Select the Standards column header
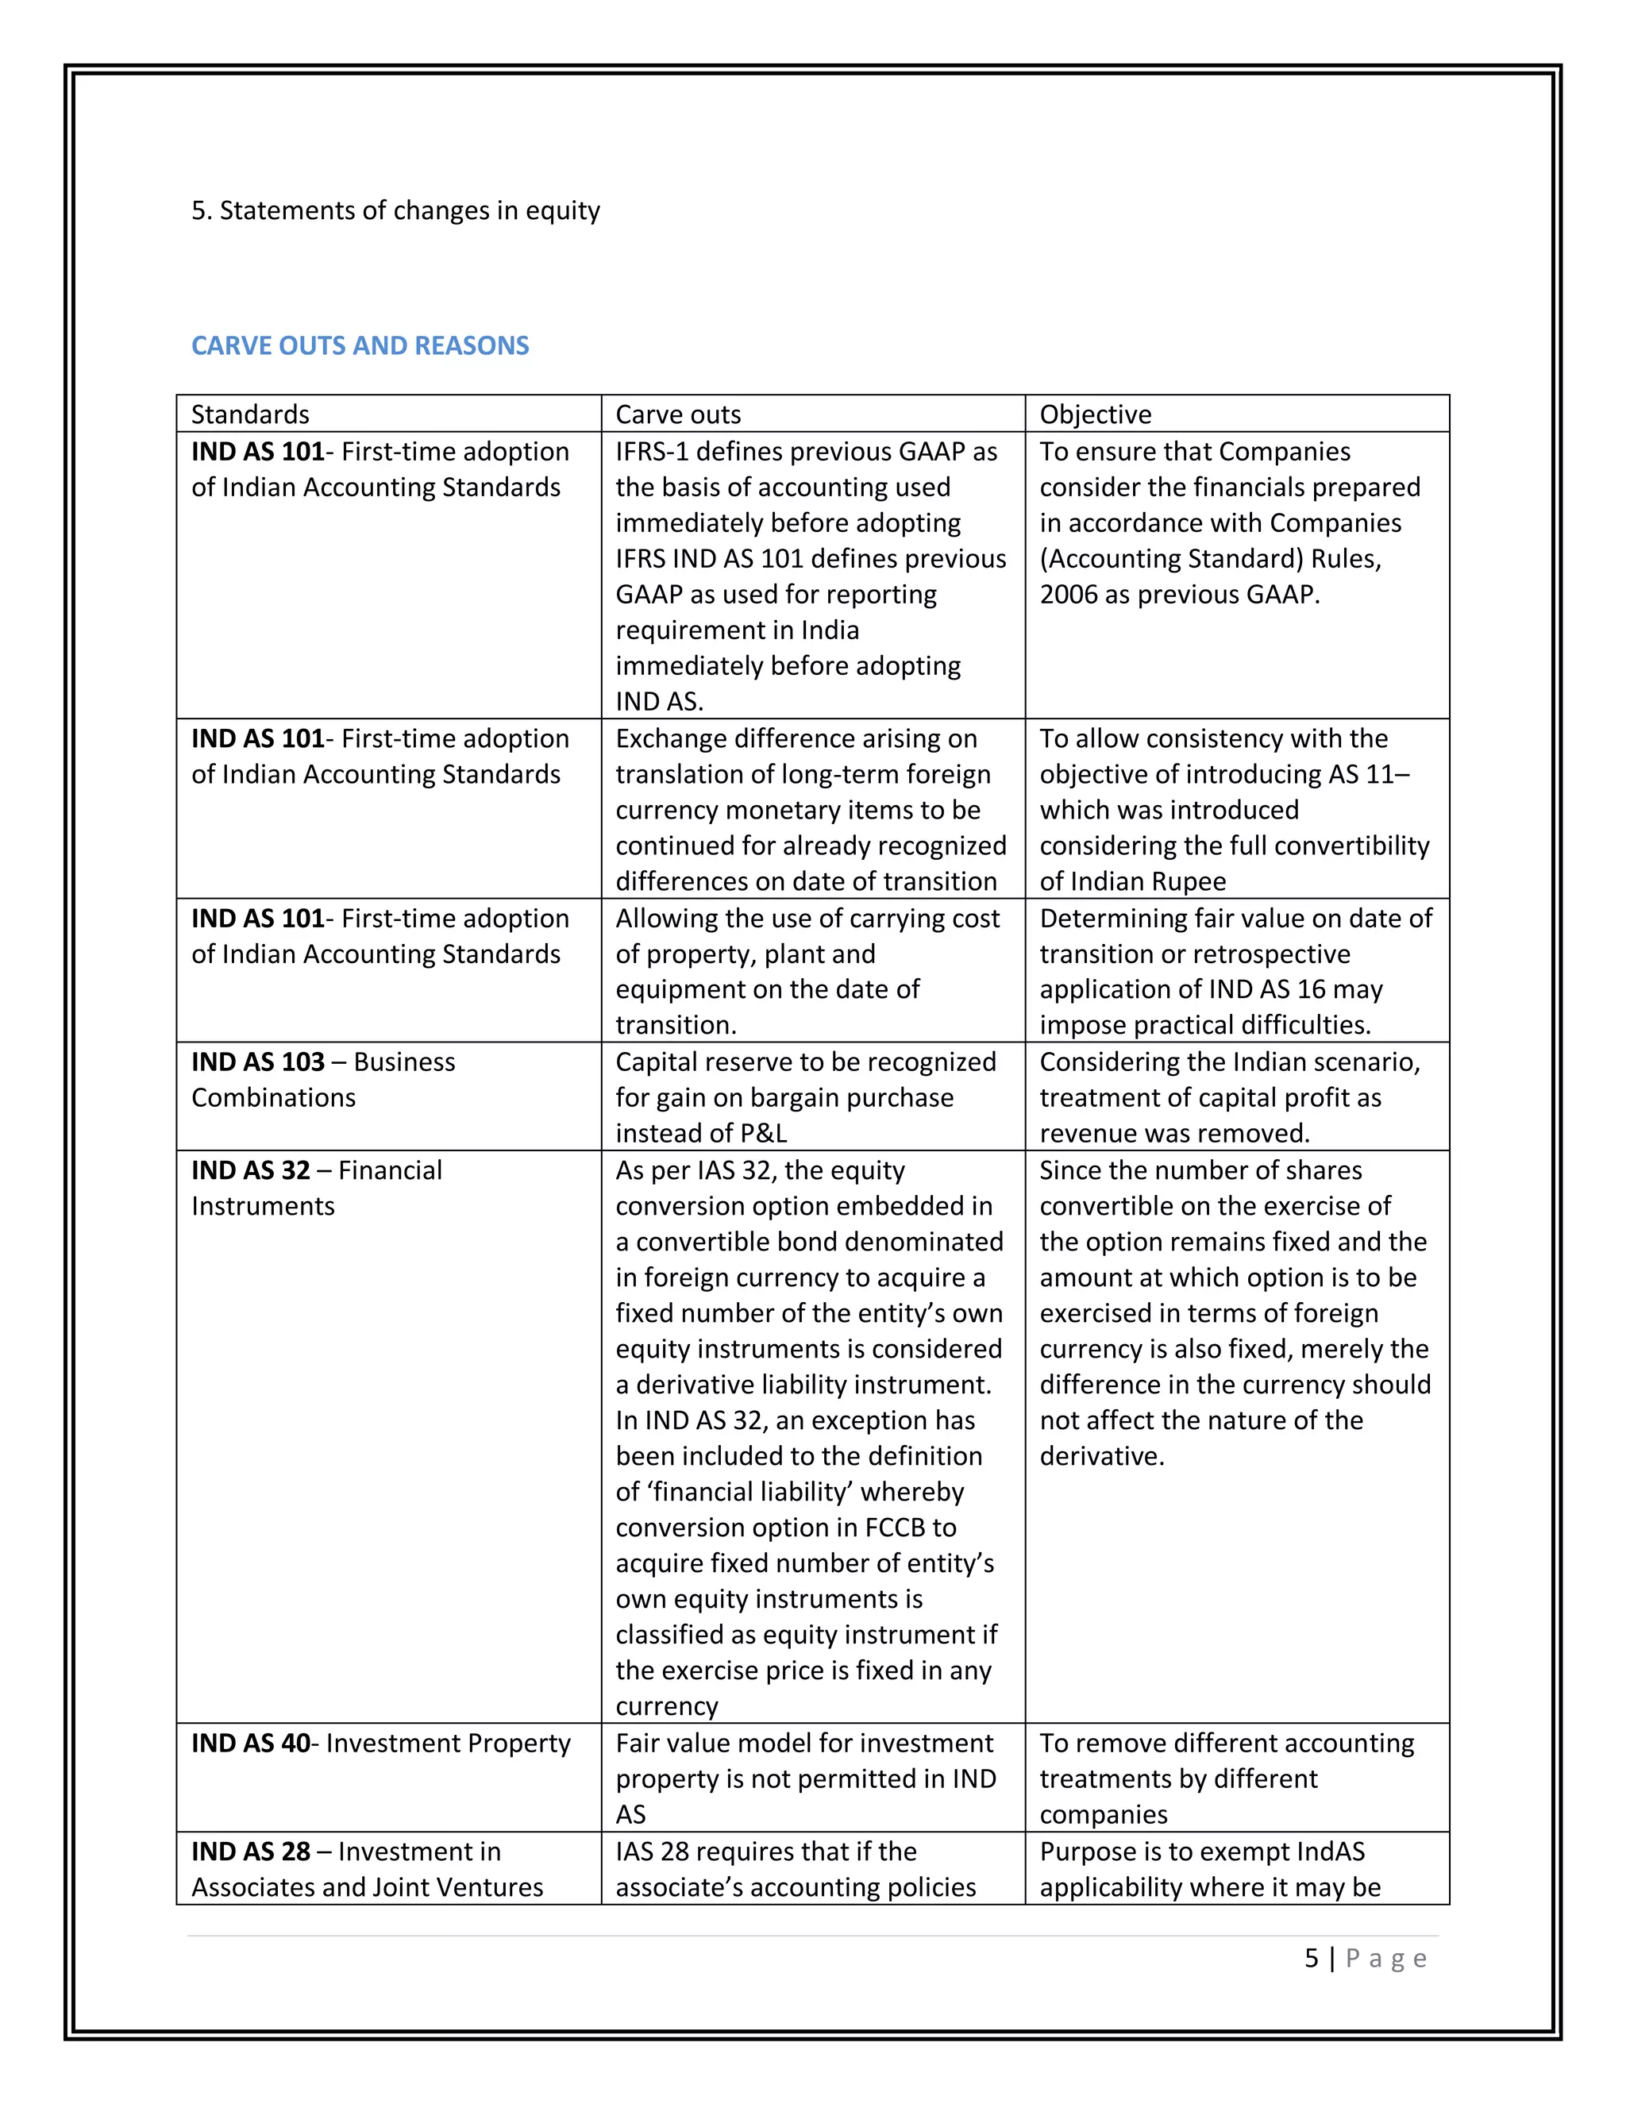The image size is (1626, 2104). pos(249,414)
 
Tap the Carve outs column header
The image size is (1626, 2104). pos(677,414)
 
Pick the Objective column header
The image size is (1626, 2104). pos(1094,414)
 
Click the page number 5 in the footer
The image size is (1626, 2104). pos(1311,1959)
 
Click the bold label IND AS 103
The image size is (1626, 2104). pos(257,1062)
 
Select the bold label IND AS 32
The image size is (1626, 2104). pos(250,1170)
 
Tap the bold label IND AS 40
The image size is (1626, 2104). pos(250,1743)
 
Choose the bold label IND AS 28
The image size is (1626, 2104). pos(250,1852)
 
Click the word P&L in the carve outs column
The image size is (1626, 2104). pos(759,1134)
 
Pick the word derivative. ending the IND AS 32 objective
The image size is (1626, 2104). pos(1101,1455)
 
